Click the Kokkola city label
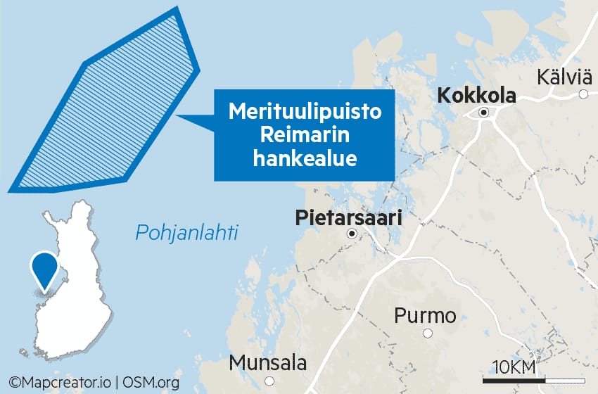[x=476, y=96]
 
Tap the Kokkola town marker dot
[x=484, y=113]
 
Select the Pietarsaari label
[x=349, y=218]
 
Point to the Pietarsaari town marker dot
[x=352, y=234]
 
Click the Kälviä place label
[x=564, y=77]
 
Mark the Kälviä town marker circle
[x=583, y=94]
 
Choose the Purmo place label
[x=425, y=316]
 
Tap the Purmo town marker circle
[x=427, y=333]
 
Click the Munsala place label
[x=268, y=364]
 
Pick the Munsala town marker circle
[x=269, y=381]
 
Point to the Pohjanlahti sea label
[x=186, y=232]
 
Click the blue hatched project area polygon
[x=106, y=113]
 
